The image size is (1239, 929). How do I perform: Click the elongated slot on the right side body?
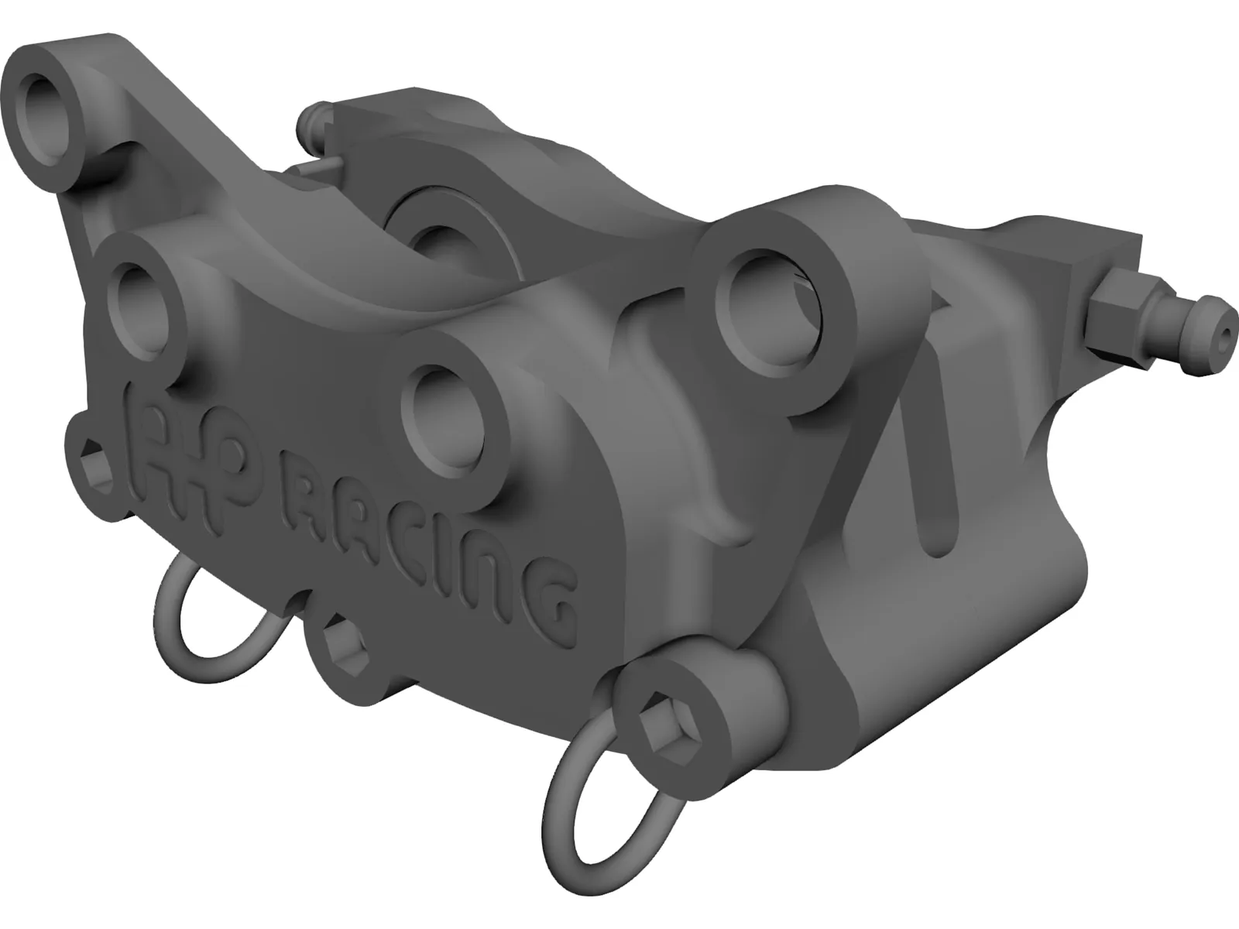pyautogui.click(x=942, y=495)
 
